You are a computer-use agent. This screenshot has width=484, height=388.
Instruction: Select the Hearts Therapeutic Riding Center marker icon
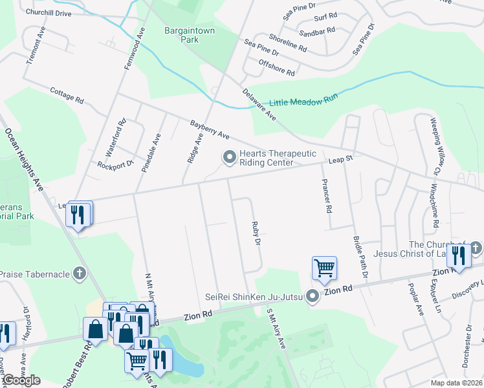(x=229, y=157)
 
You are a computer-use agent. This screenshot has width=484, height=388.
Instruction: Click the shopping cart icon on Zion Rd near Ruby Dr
(x=324, y=267)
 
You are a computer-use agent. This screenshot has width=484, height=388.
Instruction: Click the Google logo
(x=21, y=380)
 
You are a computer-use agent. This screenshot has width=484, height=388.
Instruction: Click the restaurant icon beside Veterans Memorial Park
(x=79, y=214)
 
